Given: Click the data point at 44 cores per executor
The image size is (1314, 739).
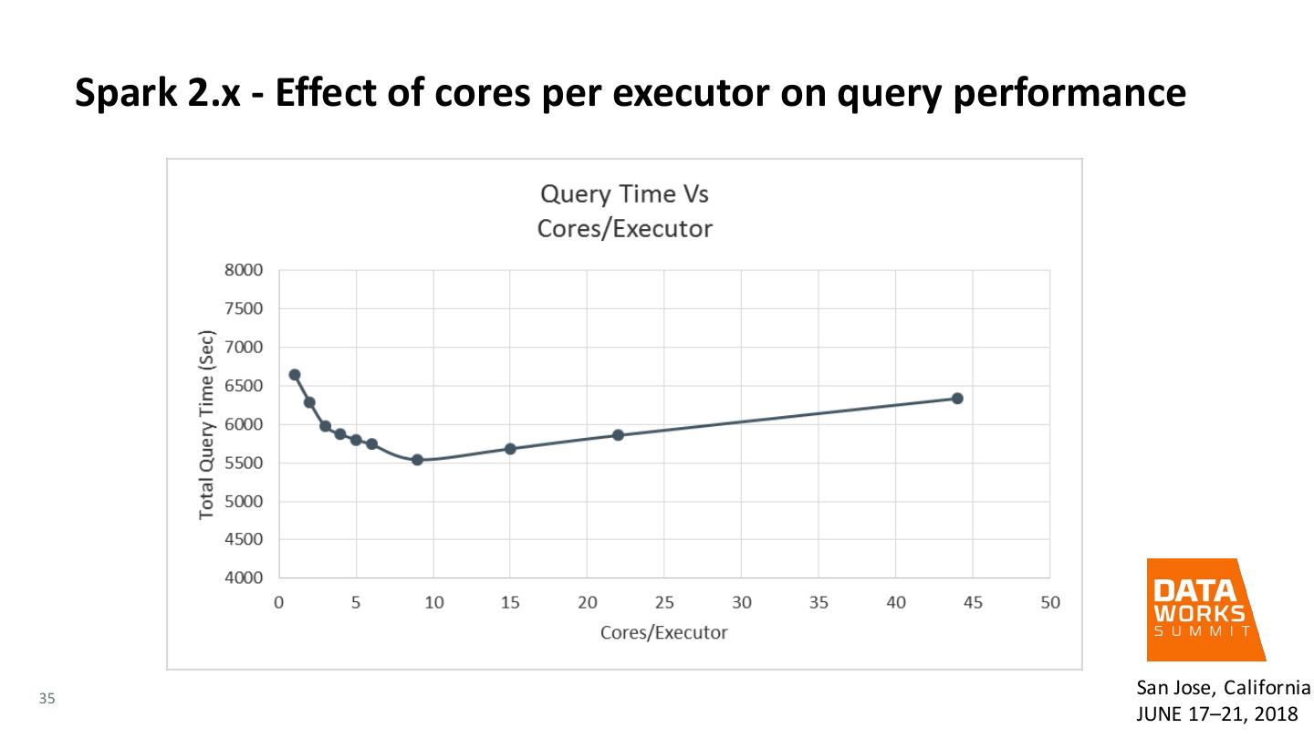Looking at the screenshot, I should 957,399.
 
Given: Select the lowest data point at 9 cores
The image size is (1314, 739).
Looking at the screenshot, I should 417,460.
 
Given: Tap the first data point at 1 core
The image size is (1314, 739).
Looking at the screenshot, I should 294,374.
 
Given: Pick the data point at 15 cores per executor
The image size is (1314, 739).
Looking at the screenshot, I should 510,449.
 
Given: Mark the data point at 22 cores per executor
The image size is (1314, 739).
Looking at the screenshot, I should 618,435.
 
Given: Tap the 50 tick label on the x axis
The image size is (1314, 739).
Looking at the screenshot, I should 1049,603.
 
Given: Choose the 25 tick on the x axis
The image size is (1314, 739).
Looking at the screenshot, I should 663,603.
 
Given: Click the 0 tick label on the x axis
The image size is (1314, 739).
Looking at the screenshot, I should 278,603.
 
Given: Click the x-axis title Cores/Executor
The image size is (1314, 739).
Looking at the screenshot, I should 663,632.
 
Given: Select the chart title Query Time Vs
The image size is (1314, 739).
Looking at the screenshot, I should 624,195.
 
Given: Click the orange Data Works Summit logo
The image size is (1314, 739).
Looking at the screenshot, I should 1204,609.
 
